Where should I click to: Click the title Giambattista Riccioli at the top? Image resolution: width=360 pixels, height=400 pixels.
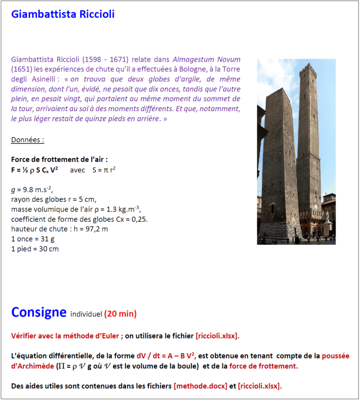point(63,15)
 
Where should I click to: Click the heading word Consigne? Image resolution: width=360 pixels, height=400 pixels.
point(39,312)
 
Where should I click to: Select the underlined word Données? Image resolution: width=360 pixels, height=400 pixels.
point(27,140)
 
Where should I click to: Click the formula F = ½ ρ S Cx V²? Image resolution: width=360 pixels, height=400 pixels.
point(35,169)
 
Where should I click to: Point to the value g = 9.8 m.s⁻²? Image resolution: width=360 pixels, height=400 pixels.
point(32,190)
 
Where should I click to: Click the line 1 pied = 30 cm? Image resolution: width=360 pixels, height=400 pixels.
point(35,249)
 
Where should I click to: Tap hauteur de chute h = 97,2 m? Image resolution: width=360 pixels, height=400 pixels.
point(59,229)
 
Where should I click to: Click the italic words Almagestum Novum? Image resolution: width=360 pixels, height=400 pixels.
point(206,59)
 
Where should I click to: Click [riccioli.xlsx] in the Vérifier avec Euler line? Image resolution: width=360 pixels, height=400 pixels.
point(217,336)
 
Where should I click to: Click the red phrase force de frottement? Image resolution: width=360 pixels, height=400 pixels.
point(263,366)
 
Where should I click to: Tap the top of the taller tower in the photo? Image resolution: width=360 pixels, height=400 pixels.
point(307,66)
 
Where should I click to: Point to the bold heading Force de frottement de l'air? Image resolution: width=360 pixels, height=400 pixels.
point(59,160)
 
